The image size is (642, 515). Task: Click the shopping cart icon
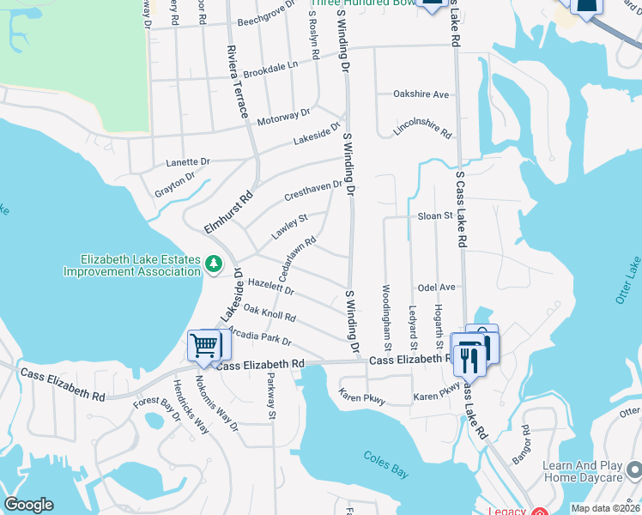pos(204,345)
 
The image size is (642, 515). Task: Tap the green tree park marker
pos(214,264)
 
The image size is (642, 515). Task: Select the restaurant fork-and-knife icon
pos(468,358)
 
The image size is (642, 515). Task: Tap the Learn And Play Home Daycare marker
pos(634,470)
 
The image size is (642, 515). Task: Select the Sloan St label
pos(434,215)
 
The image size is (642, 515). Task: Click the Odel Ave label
pos(435,287)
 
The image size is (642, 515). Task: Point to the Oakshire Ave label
pos(421,94)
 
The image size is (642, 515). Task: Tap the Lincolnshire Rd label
pos(423,128)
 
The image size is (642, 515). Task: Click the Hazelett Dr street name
pos(270,287)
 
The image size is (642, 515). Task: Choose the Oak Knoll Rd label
pos(270,312)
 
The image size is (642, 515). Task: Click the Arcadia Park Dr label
pos(267,335)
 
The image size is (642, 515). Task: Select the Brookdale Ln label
pos(270,68)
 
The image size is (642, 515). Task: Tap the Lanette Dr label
pos(188,161)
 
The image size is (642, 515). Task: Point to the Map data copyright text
pos(606,508)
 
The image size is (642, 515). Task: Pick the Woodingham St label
pos(387,316)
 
